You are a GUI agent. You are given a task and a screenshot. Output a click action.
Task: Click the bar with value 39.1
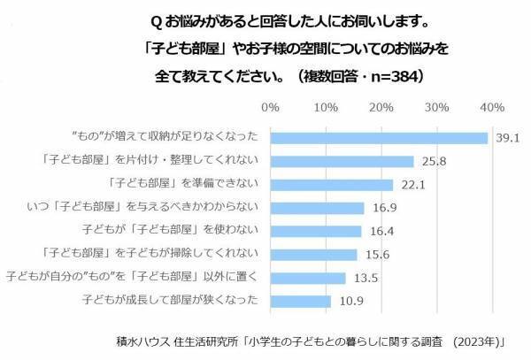[x=379, y=138]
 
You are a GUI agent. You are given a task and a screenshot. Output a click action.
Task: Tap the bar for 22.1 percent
[x=331, y=185]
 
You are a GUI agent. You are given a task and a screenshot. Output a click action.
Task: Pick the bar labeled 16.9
[x=317, y=208]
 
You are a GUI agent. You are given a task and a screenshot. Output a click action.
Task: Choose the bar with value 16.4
[x=315, y=231]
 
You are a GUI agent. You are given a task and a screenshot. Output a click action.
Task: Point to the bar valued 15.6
[x=313, y=255]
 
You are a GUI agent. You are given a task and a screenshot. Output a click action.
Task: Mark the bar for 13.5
[x=307, y=278]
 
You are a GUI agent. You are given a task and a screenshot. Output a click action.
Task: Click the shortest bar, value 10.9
[x=300, y=301]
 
